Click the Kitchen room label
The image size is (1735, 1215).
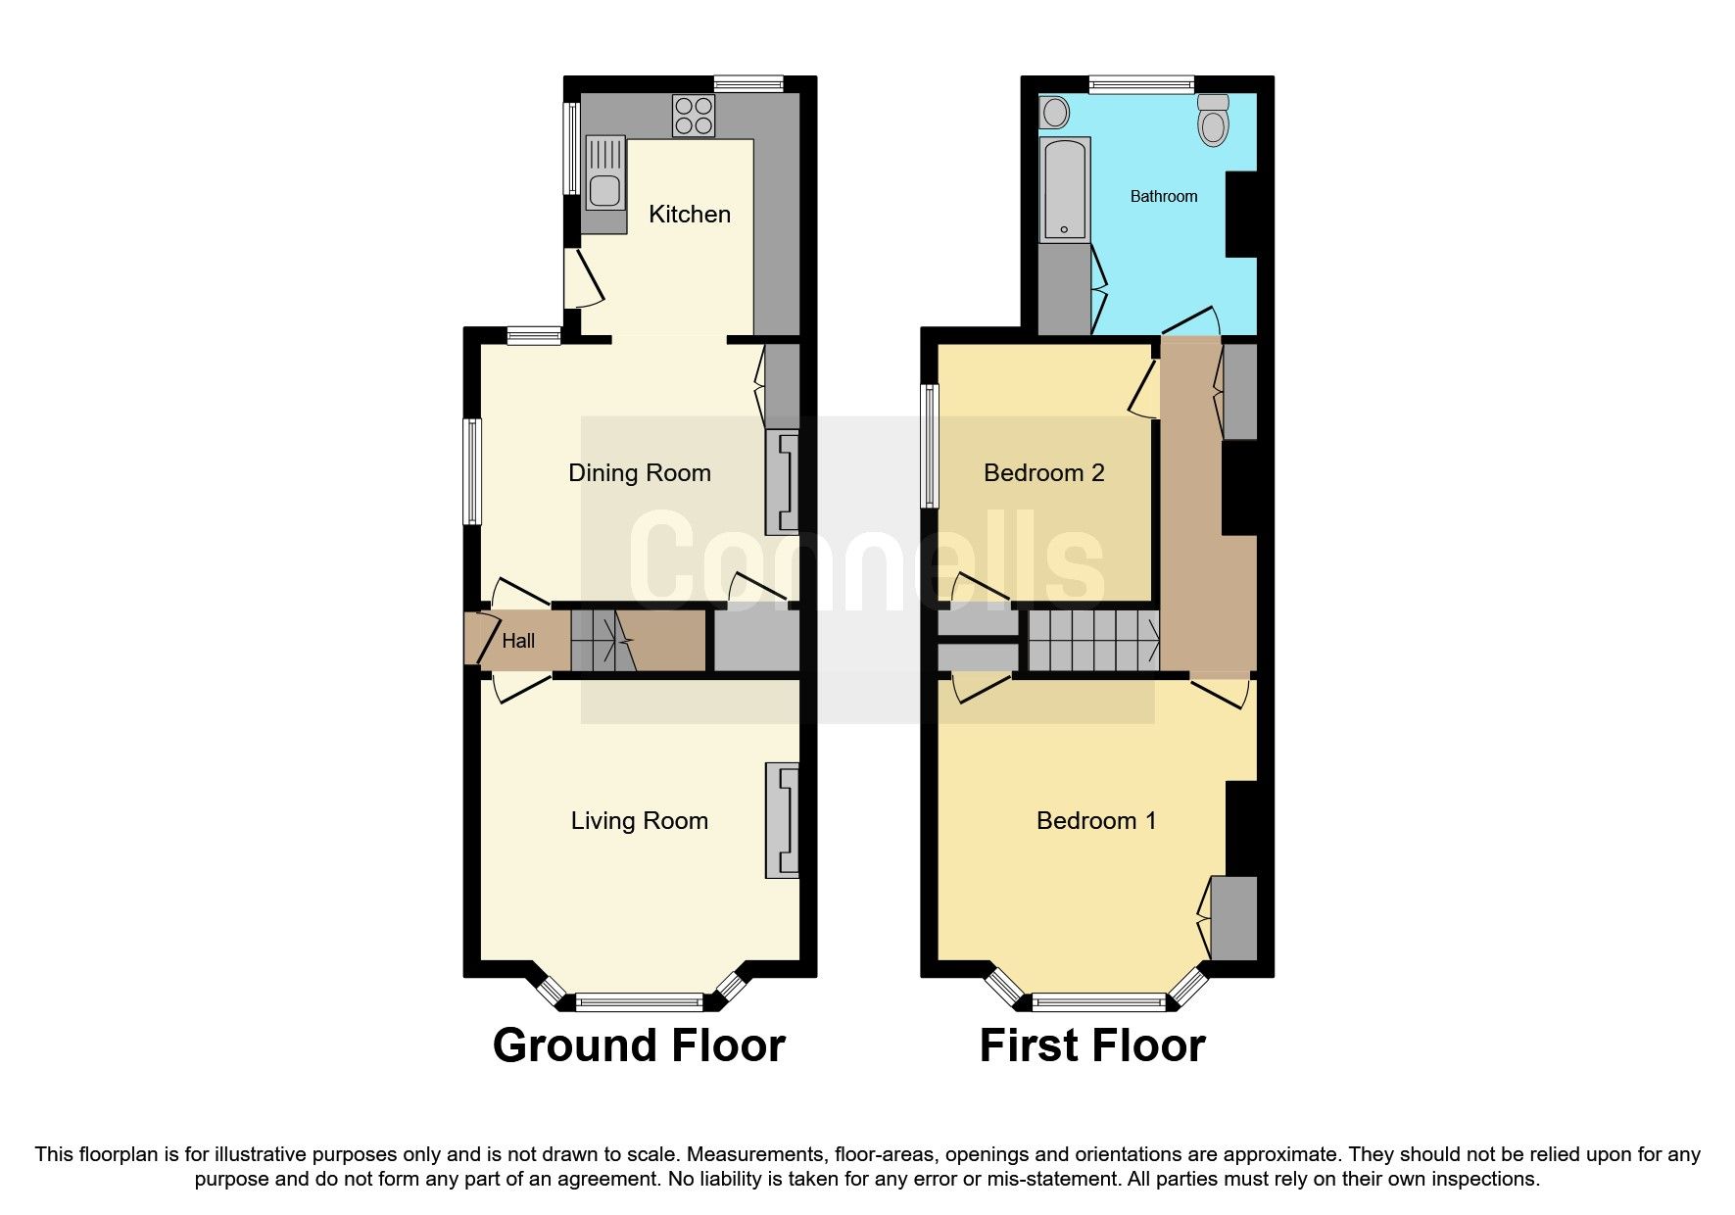coord(690,214)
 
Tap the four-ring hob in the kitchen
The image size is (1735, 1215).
coord(695,115)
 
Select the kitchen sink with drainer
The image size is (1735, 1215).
coord(604,173)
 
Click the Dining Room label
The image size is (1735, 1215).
coord(639,473)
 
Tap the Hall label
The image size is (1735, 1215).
coord(518,641)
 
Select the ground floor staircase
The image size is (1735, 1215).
coord(602,640)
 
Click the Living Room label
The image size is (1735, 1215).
coord(639,821)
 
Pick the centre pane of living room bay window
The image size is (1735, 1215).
coord(639,1000)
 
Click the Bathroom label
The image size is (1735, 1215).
coord(1163,197)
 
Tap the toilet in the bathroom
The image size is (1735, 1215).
coord(1213,121)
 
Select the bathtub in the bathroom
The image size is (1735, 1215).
coord(1064,189)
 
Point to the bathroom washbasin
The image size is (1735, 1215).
coord(1054,113)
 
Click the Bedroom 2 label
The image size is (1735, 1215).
coord(1043,473)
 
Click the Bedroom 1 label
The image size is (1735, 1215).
coord(1096,821)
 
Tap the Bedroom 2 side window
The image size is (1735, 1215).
coord(929,446)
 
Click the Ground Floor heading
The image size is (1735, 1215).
coord(639,1045)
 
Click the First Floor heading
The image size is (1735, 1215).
coord(1091,1045)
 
